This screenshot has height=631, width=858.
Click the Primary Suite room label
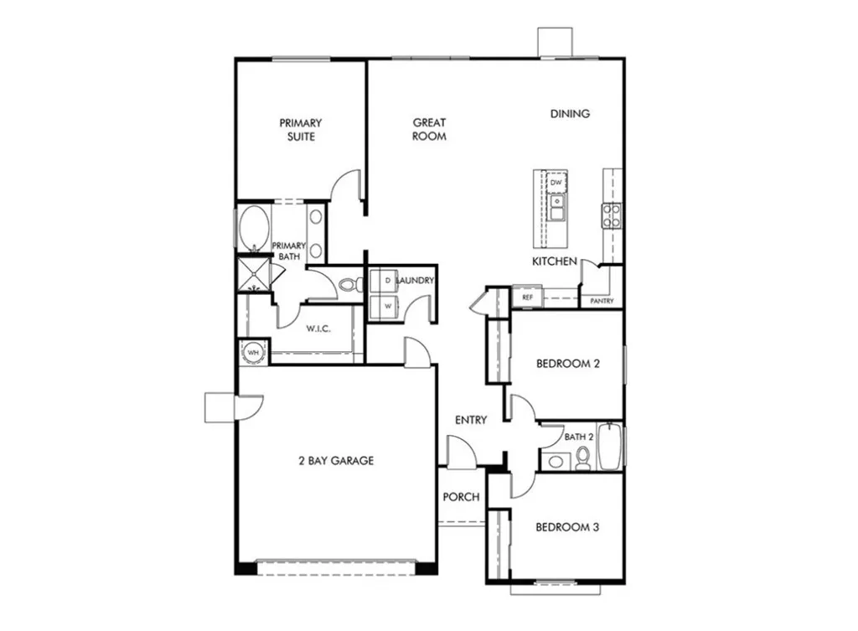pyautogui.click(x=300, y=129)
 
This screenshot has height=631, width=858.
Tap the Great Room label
pyautogui.click(x=429, y=129)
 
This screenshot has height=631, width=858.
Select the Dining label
pyautogui.click(x=570, y=113)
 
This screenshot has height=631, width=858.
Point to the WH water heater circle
pyautogui.click(x=253, y=353)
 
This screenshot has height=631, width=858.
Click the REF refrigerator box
pyautogui.click(x=527, y=297)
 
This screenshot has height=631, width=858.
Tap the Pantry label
pyautogui.click(x=602, y=301)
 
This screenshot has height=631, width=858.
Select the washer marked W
pyautogui.click(x=387, y=307)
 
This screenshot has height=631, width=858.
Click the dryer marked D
pyautogui.click(x=387, y=280)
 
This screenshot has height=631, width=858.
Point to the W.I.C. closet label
pyautogui.click(x=318, y=328)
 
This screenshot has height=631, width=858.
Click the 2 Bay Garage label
pyautogui.click(x=336, y=460)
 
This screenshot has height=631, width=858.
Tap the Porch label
pyautogui.click(x=461, y=497)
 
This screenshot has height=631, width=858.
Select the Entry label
pyautogui.click(x=470, y=420)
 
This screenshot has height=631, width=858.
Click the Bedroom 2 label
pyautogui.click(x=568, y=364)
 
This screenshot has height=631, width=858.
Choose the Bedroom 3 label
pyautogui.click(x=567, y=527)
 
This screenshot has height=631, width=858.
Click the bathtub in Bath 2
pyautogui.click(x=609, y=448)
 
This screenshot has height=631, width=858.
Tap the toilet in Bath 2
pyautogui.click(x=583, y=458)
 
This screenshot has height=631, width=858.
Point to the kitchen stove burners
pyautogui.click(x=611, y=215)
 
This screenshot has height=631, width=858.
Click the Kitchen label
pyautogui.click(x=555, y=261)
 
